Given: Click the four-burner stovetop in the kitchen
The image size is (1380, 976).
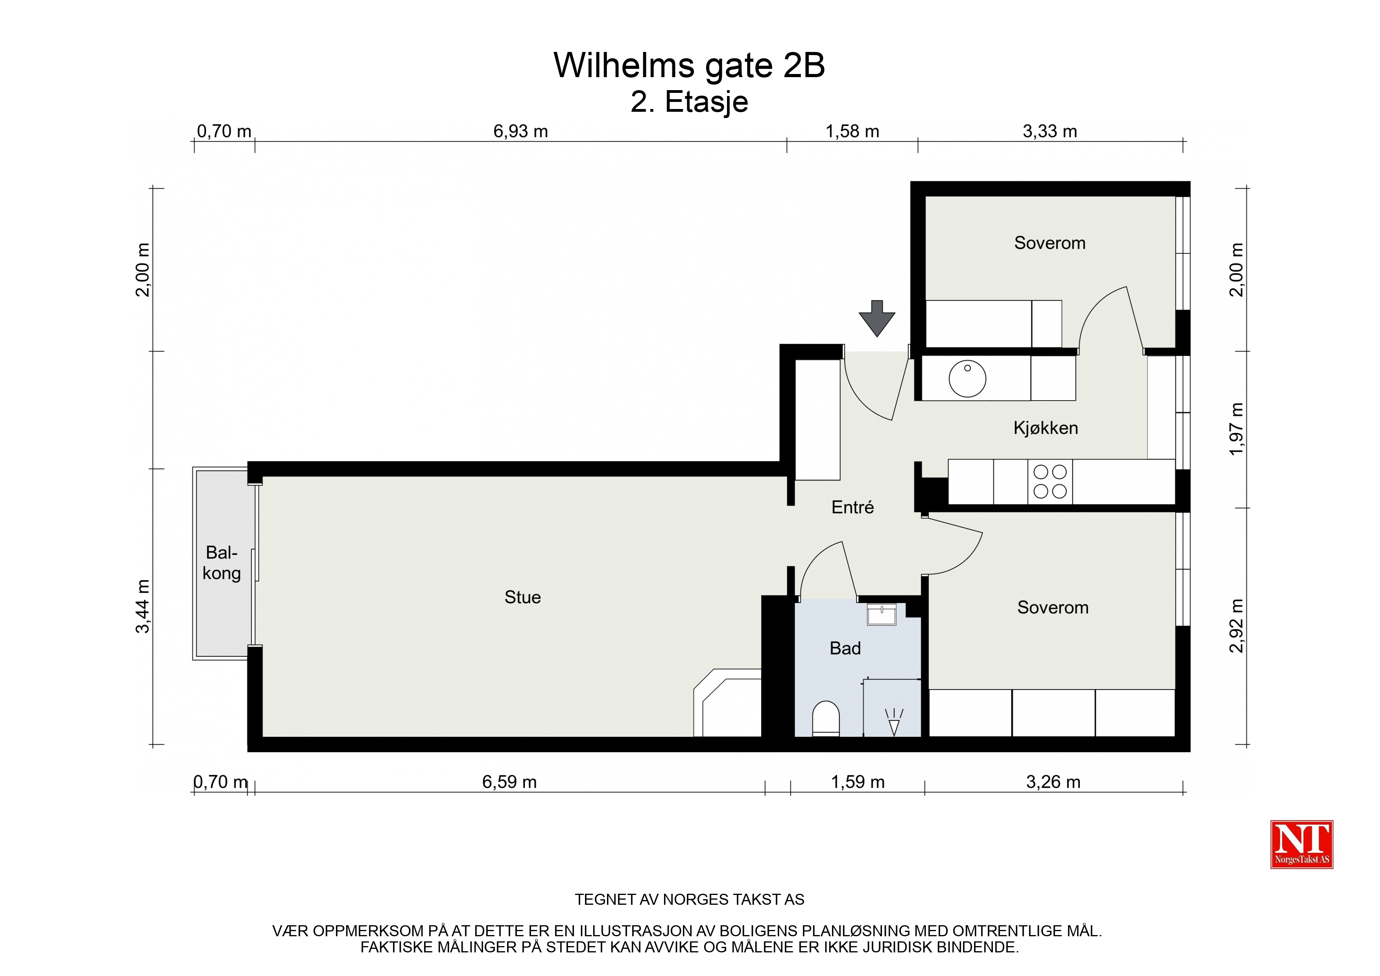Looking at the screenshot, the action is [1050, 482].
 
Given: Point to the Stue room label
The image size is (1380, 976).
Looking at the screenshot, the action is [522, 597].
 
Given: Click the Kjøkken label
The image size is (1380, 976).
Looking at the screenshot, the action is [1046, 428].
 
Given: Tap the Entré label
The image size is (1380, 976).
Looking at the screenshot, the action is [852, 508].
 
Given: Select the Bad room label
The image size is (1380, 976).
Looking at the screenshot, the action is [845, 648].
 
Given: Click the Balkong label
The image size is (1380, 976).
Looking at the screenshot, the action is [222, 563].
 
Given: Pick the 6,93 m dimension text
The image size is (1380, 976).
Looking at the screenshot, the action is [520, 131].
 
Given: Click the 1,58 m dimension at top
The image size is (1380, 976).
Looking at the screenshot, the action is [852, 131].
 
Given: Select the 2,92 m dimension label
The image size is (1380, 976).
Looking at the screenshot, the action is [1236, 625].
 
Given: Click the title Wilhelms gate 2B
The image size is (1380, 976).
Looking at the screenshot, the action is [689, 65].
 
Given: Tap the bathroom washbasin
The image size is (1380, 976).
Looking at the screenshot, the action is [882, 615].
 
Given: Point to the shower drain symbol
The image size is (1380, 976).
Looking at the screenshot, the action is [894, 722].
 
